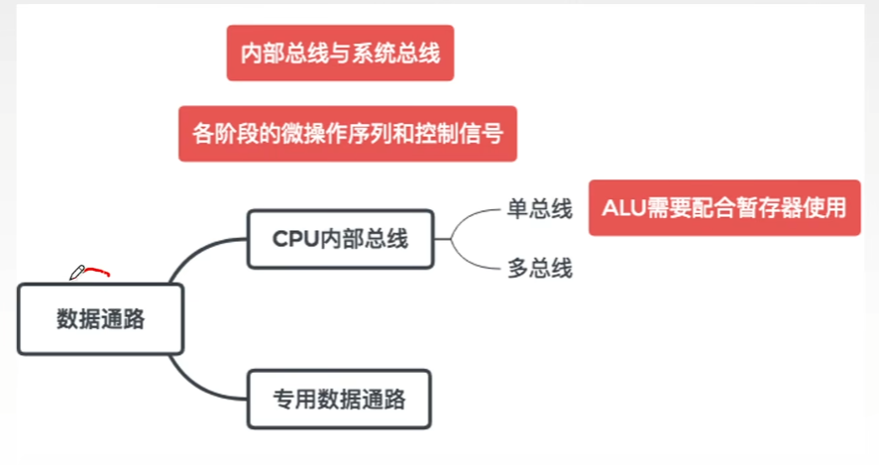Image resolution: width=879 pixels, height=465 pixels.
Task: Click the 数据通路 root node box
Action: [x=100, y=319]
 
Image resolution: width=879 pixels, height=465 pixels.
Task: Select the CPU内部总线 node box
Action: [x=340, y=239]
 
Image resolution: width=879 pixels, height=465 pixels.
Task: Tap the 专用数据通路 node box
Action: [x=340, y=400]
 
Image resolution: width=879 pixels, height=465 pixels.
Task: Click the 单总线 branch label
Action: [x=540, y=209]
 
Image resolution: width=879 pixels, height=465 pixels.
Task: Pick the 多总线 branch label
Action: [x=540, y=268]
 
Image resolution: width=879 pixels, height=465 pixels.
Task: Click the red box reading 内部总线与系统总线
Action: [x=340, y=53]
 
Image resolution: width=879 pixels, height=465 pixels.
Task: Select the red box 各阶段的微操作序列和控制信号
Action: [x=348, y=133]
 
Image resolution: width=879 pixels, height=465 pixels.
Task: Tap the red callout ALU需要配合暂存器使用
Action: [x=724, y=208]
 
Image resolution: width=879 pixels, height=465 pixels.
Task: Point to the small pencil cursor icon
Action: [x=75, y=273]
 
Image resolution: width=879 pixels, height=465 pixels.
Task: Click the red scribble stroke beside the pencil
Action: [x=98, y=270]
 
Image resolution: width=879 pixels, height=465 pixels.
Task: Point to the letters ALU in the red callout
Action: [x=622, y=208]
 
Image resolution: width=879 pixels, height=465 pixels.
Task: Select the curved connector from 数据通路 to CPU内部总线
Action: [x=198, y=254]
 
